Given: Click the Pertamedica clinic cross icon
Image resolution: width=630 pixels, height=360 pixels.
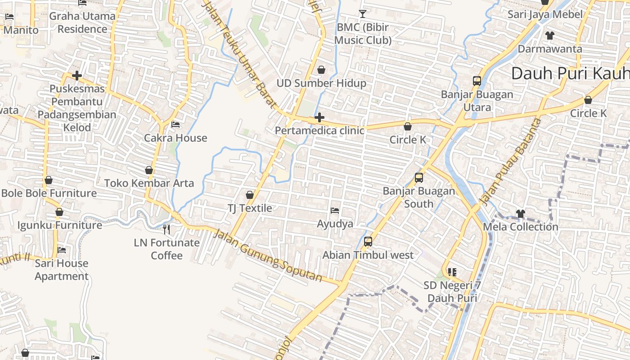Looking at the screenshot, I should (x=319, y=118).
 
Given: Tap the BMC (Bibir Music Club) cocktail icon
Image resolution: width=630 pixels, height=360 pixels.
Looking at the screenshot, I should (x=362, y=13).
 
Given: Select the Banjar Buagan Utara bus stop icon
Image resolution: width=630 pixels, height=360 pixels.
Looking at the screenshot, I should (x=477, y=81).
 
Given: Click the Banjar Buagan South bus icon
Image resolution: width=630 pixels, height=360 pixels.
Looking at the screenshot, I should (x=419, y=177).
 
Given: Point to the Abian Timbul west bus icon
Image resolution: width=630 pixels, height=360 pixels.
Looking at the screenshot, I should (x=368, y=242).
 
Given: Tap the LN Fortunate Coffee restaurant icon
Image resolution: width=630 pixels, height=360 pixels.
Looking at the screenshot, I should (x=166, y=229).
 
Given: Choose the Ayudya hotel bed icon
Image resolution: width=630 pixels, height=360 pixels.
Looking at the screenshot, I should (x=335, y=210).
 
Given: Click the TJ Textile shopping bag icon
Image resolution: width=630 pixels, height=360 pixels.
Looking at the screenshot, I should (x=250, y=195).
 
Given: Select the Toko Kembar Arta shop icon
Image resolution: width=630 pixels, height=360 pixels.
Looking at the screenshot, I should (x=149, y=170).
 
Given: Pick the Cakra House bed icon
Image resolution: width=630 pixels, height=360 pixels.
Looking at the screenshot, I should (x=175, y=124).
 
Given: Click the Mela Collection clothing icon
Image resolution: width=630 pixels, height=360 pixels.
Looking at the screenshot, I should (x=521, y=213).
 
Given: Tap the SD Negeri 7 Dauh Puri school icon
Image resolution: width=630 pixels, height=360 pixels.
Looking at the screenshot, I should (x=452, y=272).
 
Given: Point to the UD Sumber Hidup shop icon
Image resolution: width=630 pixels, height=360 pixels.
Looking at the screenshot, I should (x=321, y=70).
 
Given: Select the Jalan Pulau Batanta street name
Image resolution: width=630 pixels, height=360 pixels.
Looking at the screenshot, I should (x=510, y=161).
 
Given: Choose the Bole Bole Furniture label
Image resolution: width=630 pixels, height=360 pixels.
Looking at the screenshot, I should (x=49, y=193).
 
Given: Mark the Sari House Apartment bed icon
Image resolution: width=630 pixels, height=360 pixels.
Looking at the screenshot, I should (x=62, y=250).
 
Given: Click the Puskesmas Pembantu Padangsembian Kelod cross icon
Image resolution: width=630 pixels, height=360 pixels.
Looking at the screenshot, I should (x=77, y=76).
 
